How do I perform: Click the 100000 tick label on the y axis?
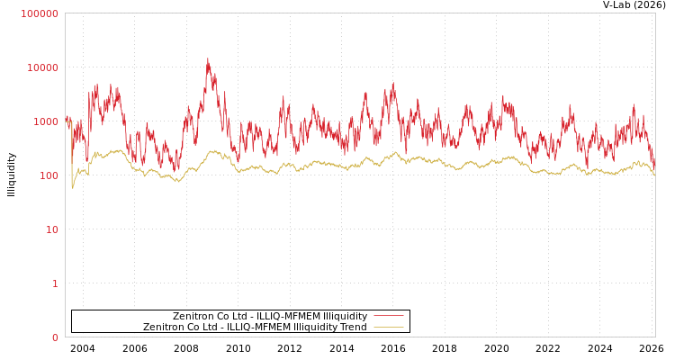[40, 13]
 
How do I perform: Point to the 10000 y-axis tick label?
[42, 67]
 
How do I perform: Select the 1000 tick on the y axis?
[45, 121]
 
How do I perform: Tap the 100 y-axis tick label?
[48, 175]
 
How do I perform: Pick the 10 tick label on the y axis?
[51, 229]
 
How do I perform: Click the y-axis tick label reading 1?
[55, 283]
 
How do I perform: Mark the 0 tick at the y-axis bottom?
[55, 337]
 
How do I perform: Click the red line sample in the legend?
[388, 316]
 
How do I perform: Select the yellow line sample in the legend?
[388, 327]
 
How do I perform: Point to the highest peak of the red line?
[208, 59]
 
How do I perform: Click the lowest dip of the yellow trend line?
[73, 187]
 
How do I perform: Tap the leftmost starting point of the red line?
[66, 117]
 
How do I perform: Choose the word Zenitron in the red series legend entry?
[193, 316]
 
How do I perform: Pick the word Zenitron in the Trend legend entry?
[164, 327]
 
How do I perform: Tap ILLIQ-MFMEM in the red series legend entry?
[287, 316]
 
